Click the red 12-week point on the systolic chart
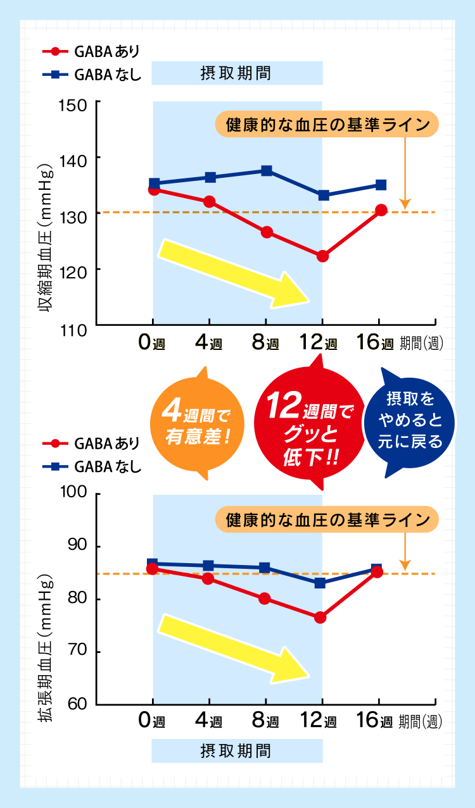pos(323,256)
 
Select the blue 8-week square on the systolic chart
pos(267,171)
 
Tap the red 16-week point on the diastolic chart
pos(377,572)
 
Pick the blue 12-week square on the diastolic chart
pos(320,583)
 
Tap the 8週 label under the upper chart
pos(265,343)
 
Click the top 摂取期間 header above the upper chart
pos(237,73)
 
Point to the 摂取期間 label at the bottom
pos(237,751)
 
